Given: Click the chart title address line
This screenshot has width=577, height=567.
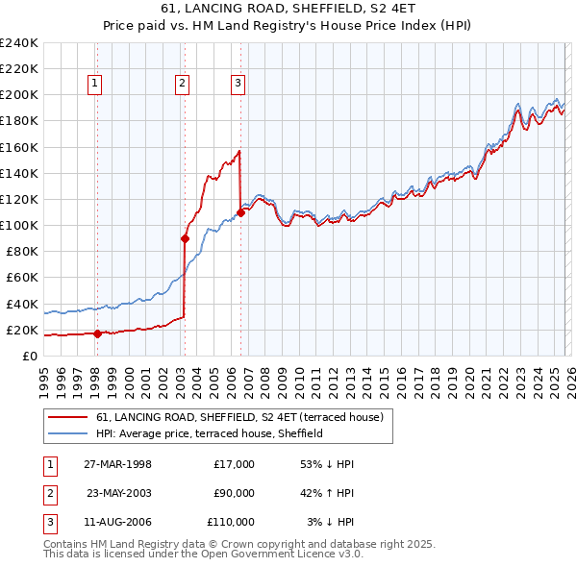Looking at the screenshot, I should tap(288, 9).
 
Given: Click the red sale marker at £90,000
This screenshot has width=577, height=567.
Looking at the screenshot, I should tap(185, 238).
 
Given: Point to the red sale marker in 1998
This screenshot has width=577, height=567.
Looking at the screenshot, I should tap(97, 333).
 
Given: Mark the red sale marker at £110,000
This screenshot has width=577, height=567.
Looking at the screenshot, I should tap(240, 212).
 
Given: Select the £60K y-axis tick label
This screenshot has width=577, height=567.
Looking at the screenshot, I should tap(20, 278).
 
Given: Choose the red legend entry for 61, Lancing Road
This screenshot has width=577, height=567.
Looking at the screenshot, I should tap(239, 417).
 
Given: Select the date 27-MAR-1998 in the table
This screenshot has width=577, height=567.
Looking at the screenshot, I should tap(117, 464).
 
